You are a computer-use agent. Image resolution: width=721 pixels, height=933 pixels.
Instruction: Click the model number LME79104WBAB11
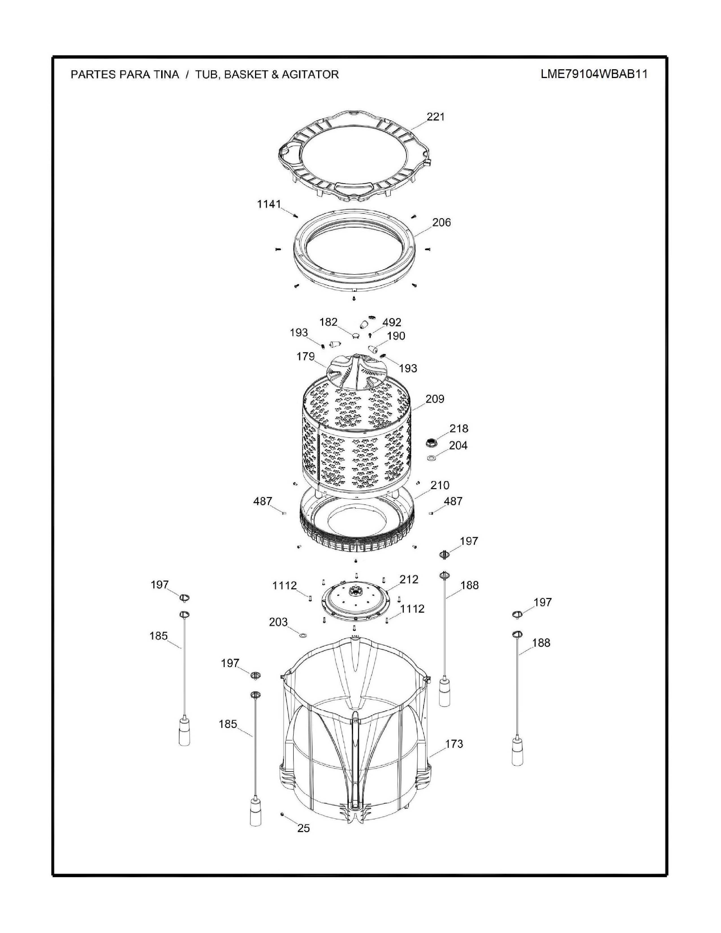click(x=594, y=74)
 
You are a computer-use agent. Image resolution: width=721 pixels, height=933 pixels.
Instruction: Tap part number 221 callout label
click(x=436, y=116)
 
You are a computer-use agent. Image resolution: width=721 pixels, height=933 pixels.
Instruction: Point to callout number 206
click(x=441, y=223)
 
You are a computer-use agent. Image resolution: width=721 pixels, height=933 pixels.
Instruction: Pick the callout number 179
click(x=306, y=356)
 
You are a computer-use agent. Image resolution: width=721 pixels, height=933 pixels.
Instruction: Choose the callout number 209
click(x=435, y=399)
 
